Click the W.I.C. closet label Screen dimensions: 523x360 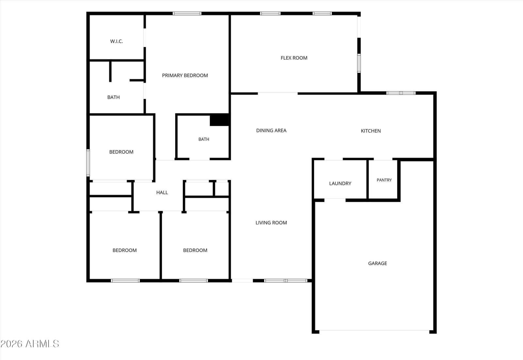pyautogui.click(x=116, y=41)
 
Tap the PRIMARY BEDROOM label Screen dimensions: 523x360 pyautogui.click(x=185, y=76)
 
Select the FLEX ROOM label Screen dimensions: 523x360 pyautogui.click(x=294, y=58)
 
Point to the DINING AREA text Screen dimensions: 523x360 pyautogui.click(x=271, y=130)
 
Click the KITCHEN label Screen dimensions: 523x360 pyautogui.click(x=371, y=131)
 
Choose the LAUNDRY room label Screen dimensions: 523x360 pyautogui.click(x=340, y=183)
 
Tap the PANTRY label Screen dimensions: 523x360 pyautogui.click(x=384, y=180)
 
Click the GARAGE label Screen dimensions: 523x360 pyautogui.click(x=378, y=263)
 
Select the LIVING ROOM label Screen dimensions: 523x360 pyautogui.click(x=271, y=223)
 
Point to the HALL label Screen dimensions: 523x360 pyautogui.click(x=162, y=193)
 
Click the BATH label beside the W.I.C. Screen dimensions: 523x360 pyautogui.click(x=113, y=97)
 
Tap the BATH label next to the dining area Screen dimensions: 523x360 pyautogui.click(x=204, y=139)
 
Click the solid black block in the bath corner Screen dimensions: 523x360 pyautogui.click(x=219, y=120)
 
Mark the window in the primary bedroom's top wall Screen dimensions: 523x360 pyautogui.click(x=187, y=13)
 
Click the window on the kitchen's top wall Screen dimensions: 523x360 pyautogui.click(x=401, y=93)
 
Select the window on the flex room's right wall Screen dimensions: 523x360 pyautogui.click(x=359, y=63)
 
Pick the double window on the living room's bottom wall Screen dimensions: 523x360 pyautogui.click(x=286, y=281)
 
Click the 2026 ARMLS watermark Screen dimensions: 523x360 pyautogui.click(x=30, y=344)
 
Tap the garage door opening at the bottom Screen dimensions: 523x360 pyautogui.click(x=374, y=330)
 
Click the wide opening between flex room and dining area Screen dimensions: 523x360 pyautogui.click(x=278, y=93)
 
